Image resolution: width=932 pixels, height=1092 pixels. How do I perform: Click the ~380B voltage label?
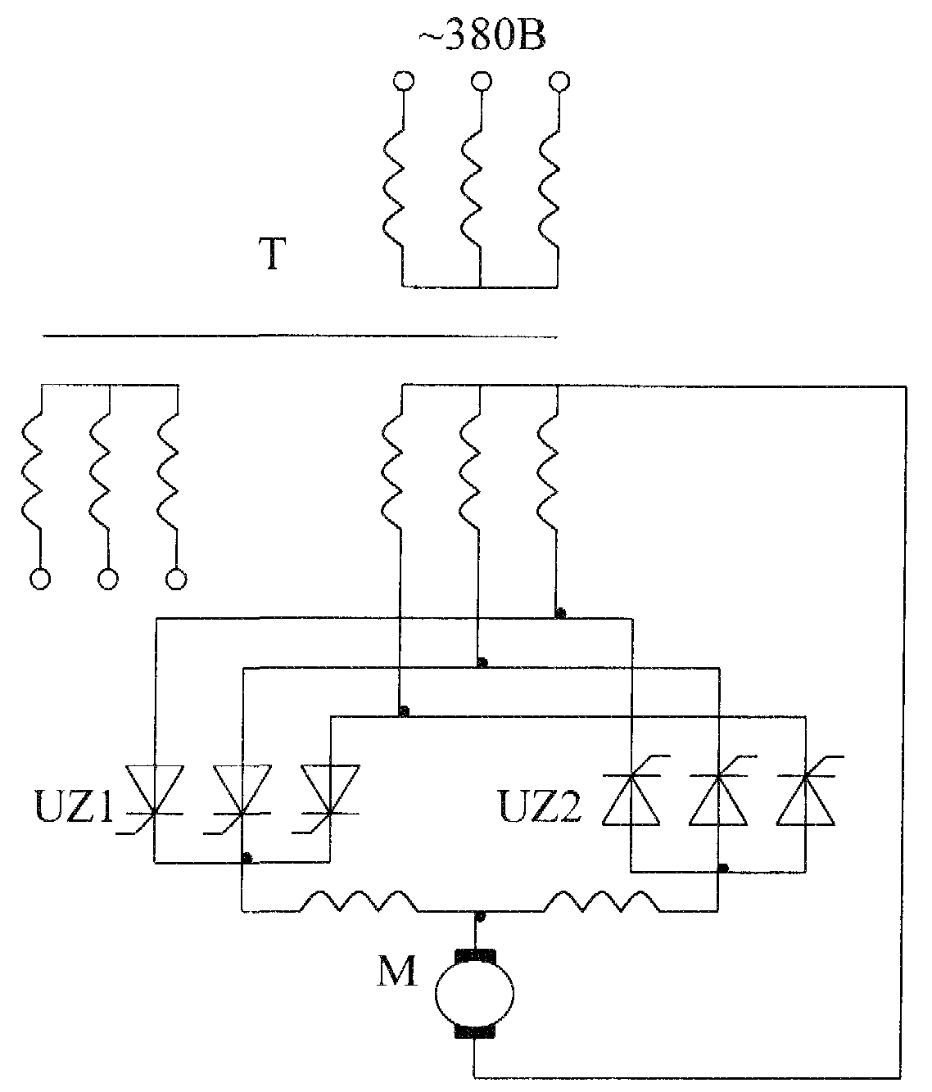pos(482,37)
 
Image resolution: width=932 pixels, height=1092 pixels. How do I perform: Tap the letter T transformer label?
pos(272,254)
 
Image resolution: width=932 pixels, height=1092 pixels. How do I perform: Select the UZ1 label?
pos(74,806)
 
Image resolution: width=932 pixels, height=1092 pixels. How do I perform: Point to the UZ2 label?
pos(540,806)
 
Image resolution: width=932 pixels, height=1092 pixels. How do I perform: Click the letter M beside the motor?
pos(397,971)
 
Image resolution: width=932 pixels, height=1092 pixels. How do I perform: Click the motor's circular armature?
pos(474,994)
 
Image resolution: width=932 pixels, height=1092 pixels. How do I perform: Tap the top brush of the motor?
pos(475,956)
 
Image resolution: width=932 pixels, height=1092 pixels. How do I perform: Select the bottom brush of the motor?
pos(475,1031)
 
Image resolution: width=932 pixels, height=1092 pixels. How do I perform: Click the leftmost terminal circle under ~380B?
pos(404,81)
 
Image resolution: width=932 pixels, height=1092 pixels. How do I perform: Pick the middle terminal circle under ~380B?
pos(481,81)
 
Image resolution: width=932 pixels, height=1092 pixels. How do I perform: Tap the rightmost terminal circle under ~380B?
pos(559,81)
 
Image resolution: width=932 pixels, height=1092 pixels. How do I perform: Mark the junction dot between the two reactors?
pos(480,915)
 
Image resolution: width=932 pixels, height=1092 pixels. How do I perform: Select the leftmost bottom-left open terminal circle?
pos(40,580)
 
